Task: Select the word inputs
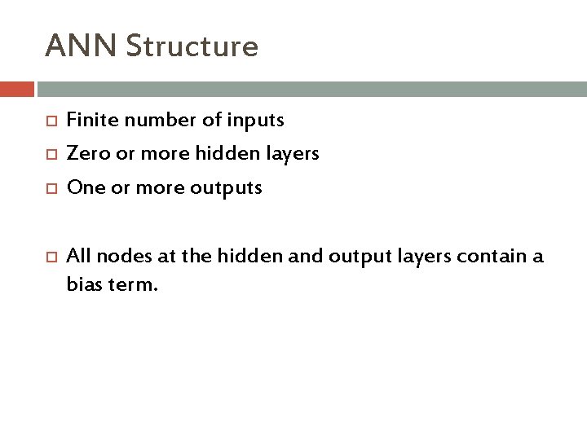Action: pos(256,121)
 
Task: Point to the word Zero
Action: pos(85,154)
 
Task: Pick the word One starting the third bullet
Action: pos(82,187)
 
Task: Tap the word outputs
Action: pos(230,188)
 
